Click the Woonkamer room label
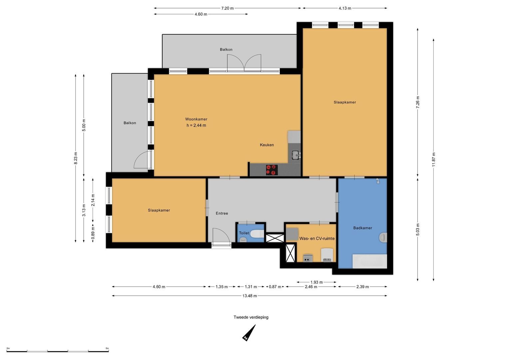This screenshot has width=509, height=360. [196, 119]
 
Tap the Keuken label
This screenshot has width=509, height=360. [267, 145]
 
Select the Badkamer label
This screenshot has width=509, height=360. [362, 228]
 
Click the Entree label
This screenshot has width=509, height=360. [222, 213]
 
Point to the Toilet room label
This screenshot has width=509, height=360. [244, 233]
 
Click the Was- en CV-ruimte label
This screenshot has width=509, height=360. [317, 239]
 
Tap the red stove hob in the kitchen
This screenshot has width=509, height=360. [272, 170]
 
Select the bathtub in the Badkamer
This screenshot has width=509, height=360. [369, 261]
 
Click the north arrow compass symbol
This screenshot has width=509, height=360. [248, 333]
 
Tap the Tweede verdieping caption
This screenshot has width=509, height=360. [251, 317]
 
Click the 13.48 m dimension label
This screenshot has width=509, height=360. [250, 296]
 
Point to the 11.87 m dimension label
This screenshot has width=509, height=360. [433, 159]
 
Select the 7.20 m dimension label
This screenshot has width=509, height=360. [227, 8]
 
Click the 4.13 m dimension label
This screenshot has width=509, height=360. [345, 8]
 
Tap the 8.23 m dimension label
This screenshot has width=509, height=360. [76, 158]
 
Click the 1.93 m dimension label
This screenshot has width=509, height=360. [316, 282]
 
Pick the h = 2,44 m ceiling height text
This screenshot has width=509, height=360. [196, 126]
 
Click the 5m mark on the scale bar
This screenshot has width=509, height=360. [107, 348]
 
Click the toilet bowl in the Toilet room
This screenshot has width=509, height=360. [256, 234]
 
